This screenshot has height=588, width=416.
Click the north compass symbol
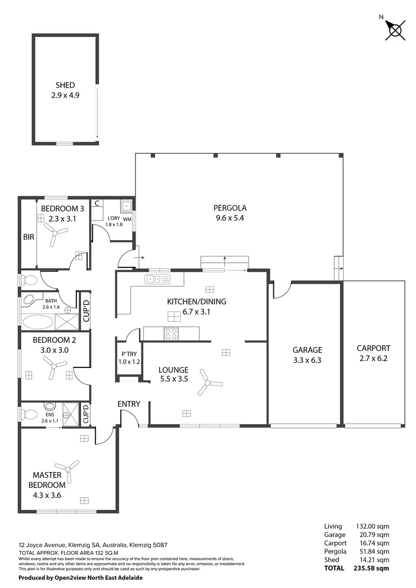click(x=395, y=29)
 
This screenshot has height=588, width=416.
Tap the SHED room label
click(x=65, y=90)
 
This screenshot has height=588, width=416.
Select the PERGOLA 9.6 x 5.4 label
click(x=230, y=213)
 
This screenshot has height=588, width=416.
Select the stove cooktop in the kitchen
click(x=171, y=334)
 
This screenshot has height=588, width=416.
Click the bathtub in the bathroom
click(x=38, y=322)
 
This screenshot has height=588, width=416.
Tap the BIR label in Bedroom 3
click(x=28, y=238)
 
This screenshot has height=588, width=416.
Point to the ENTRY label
click(x=129, y=404)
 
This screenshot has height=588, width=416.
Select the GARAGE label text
click(x=307, y=350)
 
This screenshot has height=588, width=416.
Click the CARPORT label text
click(x=373, y=348)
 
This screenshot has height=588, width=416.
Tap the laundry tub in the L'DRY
click(x=126, y=206)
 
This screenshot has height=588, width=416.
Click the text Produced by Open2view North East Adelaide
click(x=81, y=578)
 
